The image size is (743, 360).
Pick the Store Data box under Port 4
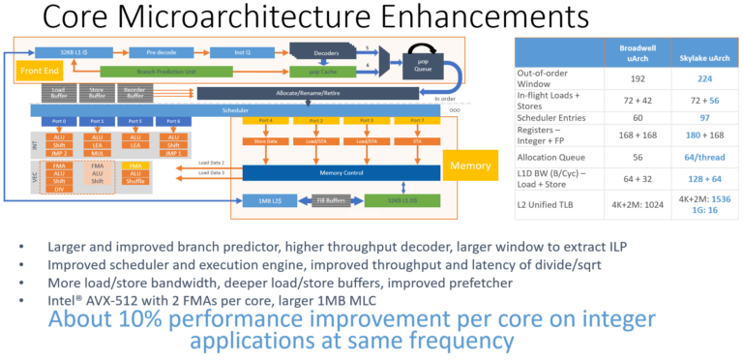click(267, 141)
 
